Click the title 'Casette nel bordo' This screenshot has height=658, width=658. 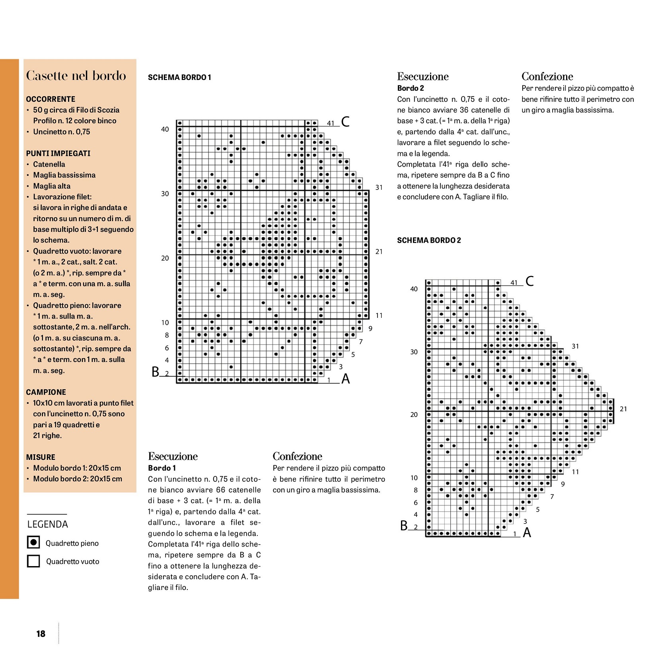click(76, 76)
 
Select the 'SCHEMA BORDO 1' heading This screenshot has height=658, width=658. click(179, 77)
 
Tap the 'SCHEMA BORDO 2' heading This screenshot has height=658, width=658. click(429, 240)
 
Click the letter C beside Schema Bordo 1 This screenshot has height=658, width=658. click(345, 121)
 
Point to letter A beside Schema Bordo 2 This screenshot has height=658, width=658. click(527, 532)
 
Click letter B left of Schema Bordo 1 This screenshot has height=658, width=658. click(155, 372)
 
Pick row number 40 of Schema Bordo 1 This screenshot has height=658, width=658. click(165, 129)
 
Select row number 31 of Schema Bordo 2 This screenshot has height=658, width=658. click(575, 347)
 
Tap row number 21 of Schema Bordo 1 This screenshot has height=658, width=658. click(379, 251)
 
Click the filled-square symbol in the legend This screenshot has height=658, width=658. click(34, 542)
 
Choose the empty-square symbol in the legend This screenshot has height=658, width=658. click(34, 561)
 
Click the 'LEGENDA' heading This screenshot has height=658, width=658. click(48, 524)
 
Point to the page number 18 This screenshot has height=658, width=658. click(41, 634)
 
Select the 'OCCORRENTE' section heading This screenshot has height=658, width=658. click(51, 99)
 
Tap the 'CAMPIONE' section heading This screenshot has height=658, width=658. click(46, 392)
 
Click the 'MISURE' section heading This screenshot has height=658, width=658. click(41, 457)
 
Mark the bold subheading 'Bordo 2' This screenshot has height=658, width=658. click(411, 88)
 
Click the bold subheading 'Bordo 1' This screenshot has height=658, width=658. click(162, 468)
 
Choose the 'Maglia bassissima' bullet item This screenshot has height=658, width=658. click(64, 175)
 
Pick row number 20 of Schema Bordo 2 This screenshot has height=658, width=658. click(414, 415)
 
